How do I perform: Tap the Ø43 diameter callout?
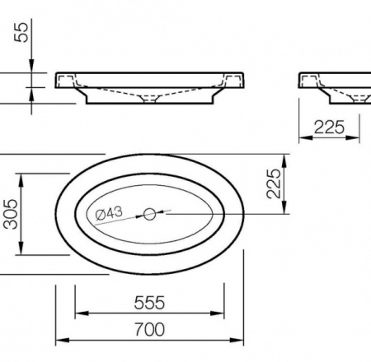[x=109, y=214]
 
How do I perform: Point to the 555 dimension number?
[x=149, y=303]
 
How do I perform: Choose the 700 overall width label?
[x=149, y=329]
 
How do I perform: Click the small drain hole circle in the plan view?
[x=149, y=214]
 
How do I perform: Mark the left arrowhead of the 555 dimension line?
[x=79, y=313]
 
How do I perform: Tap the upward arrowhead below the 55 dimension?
[x=31, y=94]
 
